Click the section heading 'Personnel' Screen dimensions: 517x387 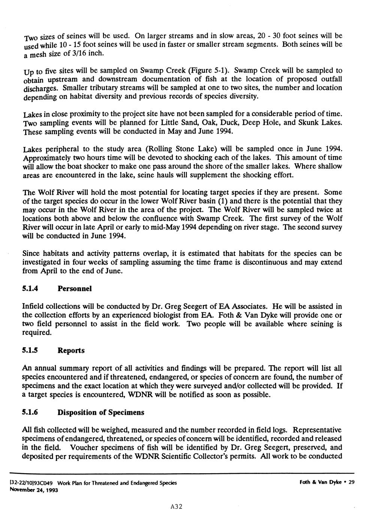pyautogui.click(x=74, y=289)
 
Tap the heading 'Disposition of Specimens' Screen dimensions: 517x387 pyautogui.click(x=100, y=412)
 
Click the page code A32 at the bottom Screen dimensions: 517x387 pyautogui.click(x=176, y=507)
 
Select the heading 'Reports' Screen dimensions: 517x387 pyautogui.click(x=71, y=351)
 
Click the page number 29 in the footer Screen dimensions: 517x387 pyautogui.click(x=351, y=483)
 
